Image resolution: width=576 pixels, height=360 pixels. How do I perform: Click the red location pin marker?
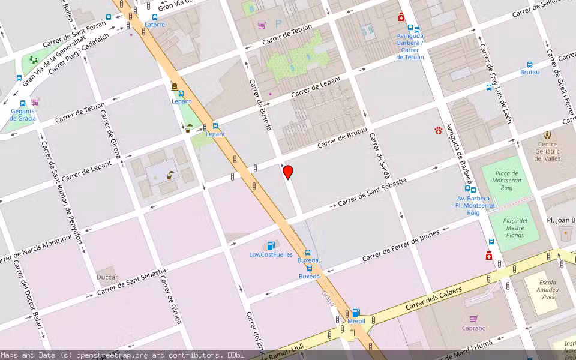[x=288, y=172]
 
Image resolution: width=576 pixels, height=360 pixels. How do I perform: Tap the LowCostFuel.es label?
[x=271, y=254]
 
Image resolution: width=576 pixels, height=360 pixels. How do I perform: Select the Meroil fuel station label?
[x=356, y=321]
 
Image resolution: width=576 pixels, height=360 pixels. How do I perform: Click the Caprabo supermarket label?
[x=473, y=328]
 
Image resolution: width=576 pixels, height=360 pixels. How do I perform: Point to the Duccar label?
[x=107, y=277]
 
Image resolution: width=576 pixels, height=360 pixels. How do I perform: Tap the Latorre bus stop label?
[x=154, y=25]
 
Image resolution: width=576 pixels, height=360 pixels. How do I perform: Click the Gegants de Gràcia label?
[x=23, y=114]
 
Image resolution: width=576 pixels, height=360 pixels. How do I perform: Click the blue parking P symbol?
[x=278, y=24]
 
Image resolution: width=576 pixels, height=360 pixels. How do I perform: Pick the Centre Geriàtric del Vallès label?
[x=547, y=151]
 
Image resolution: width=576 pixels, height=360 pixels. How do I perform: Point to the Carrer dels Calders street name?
[x=433, y=299]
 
